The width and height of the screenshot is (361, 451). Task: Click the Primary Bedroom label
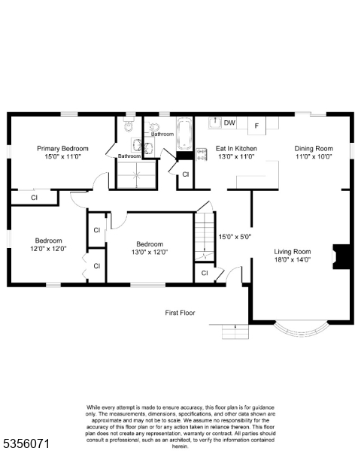click(x=62, y=149)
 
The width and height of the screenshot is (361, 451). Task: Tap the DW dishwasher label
click(x=229, y=123)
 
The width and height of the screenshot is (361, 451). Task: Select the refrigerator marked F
click(x=256, y=126)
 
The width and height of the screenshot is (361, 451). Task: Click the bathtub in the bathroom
click(x=184, y=135)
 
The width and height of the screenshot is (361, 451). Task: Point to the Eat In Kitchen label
click(x=236, y=149)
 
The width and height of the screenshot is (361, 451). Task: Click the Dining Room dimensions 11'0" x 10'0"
click(x=314, y=157)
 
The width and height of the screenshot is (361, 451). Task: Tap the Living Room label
click(x=293, y=252)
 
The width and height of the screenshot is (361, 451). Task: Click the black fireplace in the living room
click(x=341, y=257)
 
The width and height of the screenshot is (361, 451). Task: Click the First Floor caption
click(x=180, y=313)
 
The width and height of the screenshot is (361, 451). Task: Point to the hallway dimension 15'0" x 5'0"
click(x=235, y=237)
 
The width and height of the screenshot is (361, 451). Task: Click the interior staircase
click(x=205, y=237)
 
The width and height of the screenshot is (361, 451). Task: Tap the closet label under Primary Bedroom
click(x=35, y=198)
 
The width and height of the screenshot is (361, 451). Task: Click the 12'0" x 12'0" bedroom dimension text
click(x=48, y=249)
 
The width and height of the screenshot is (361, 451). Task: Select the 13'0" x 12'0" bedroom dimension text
click(x=150, y=253)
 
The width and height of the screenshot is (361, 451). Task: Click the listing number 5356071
click(x=26, y=443)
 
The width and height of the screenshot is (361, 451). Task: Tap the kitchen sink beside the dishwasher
click(x=215, y=123)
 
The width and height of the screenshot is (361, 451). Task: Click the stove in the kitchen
click(x=202, y=154)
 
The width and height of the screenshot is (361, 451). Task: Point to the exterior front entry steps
click(x=235, y=331)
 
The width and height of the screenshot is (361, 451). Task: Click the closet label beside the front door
click(x=205, y=273)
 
